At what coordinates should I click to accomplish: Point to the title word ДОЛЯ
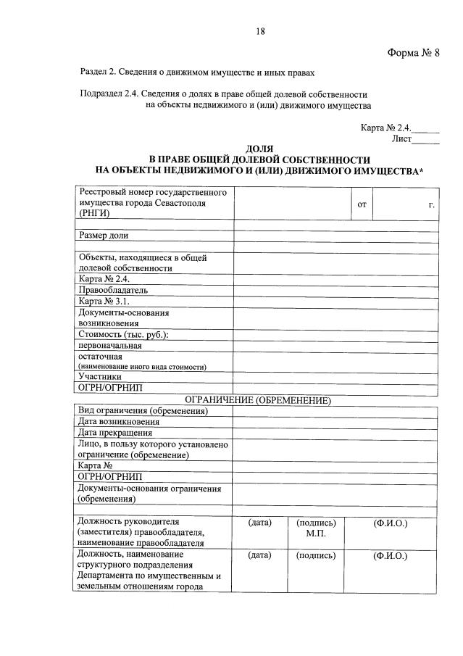(x=259, y=149)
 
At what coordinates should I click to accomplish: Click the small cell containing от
(x=362, y=205)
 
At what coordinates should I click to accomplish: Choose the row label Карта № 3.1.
(x=104, y=300)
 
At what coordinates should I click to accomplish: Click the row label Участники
(x=101, y=376)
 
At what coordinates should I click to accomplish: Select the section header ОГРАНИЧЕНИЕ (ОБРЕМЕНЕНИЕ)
(x=258, y=399)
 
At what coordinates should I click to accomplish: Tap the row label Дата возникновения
(x=119, y=422)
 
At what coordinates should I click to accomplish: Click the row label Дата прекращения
(x=115, y=433)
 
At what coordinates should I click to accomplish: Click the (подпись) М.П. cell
(x=312, y=528)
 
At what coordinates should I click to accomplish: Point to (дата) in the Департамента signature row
(x=259, y=555)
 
